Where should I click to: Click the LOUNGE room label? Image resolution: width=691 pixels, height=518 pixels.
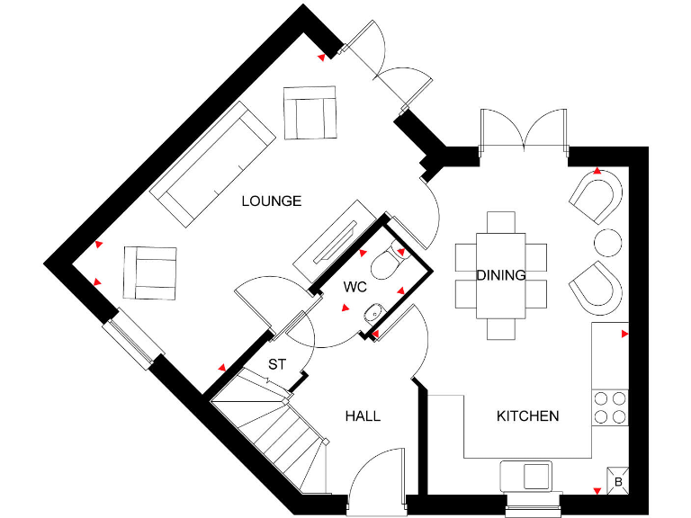(271, 201)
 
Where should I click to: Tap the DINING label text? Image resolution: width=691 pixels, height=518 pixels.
(500, 275)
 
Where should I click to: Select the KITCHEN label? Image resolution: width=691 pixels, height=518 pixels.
(528, 415)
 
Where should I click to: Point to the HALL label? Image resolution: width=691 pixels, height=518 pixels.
(363, 415)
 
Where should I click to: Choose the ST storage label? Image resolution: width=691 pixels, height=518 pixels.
(277, 365)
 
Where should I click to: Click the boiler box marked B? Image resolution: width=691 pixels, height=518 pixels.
(617, 480)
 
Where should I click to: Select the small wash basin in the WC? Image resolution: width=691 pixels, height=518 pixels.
(372, 313)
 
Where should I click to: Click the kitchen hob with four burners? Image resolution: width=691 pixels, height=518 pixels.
(610, 407)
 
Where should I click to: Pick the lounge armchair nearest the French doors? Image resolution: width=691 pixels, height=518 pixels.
(310, 112)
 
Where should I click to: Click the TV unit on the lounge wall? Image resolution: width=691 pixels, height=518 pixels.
(333, 238)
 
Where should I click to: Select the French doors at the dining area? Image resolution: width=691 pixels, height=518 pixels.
(524, 128)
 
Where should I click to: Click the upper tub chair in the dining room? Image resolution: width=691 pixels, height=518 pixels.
(597, 197)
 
